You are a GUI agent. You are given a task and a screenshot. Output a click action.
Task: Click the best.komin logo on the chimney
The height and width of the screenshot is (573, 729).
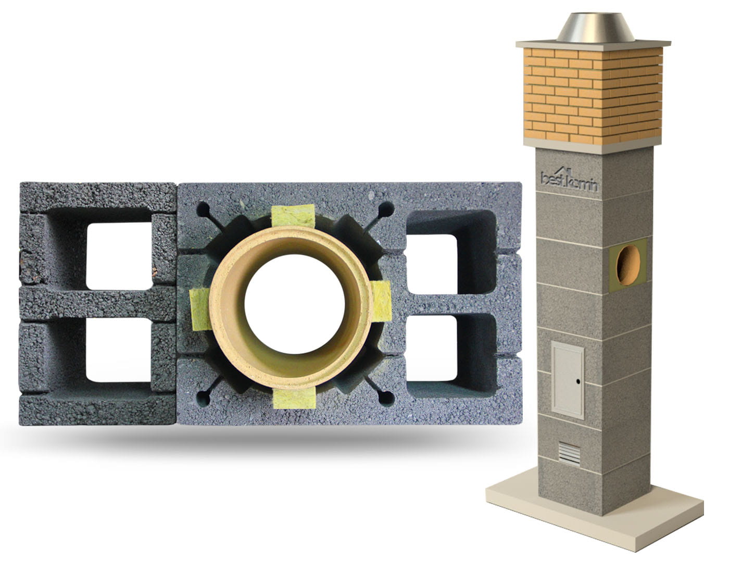point(569,180)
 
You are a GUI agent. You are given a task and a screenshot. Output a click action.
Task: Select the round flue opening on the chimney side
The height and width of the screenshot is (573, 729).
point(629,265)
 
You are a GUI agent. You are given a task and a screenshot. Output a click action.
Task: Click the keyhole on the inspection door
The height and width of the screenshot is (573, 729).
point(578,381)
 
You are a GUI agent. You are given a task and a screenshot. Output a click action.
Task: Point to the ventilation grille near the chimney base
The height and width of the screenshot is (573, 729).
point(569,454)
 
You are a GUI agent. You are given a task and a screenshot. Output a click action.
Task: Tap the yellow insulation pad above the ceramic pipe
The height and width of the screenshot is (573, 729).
point(293,216)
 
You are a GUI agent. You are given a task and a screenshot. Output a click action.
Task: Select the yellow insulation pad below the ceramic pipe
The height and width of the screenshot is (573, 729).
point(294,398)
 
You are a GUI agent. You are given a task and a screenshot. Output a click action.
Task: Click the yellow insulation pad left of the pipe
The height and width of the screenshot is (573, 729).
point(200,309)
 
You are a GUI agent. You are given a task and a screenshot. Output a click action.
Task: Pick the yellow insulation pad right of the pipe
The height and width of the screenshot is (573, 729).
point(382,301)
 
